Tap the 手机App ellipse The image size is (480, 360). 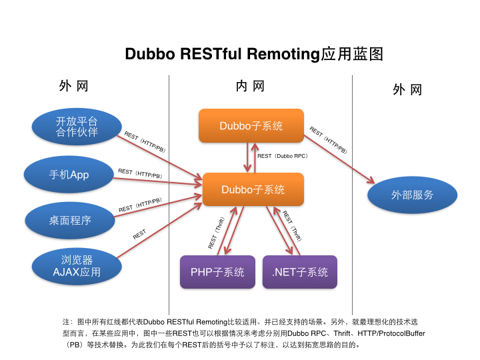69,175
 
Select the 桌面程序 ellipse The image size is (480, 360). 69,220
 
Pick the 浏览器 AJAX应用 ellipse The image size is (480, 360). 77,265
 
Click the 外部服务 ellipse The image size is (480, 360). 412,195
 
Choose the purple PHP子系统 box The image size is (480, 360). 217,272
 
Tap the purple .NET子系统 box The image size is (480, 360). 300,272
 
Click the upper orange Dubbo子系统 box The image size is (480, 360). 251,126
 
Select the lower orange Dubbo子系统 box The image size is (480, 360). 253,189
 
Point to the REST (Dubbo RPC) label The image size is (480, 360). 282,155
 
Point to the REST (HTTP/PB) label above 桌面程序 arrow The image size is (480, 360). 140,205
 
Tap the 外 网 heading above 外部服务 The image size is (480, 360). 407,90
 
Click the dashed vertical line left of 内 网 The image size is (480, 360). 169,167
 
